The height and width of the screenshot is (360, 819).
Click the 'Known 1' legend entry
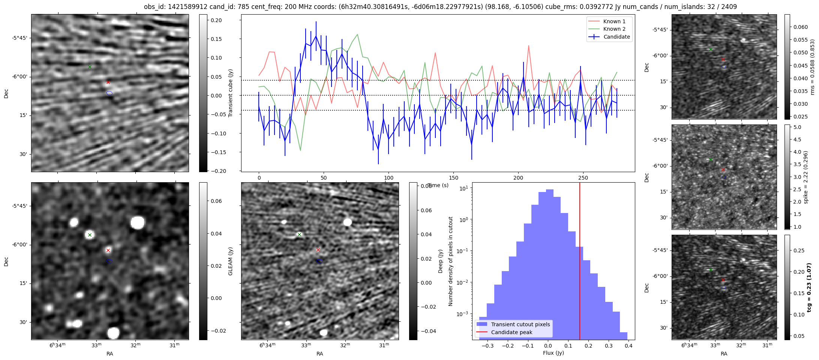pos(614,21)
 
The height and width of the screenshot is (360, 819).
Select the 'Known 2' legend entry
pos(614,29)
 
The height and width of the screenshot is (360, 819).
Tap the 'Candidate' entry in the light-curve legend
pos(616,37)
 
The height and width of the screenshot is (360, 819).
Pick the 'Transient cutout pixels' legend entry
pos(520,324)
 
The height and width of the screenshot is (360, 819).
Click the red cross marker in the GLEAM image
pos(108,250)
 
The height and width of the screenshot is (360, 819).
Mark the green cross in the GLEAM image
pos(90,235)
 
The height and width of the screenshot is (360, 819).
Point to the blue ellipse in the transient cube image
pos(109,93)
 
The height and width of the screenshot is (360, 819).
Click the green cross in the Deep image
pos(299,234)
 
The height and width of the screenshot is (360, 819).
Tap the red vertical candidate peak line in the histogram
pos(580,262)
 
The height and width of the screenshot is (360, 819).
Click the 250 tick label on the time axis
pos(583,178)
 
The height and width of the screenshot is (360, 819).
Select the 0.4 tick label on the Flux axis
pos(629,346)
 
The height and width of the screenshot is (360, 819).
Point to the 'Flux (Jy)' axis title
pos(553,353)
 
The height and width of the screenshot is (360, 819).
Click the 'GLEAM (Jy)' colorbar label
pos(230,261)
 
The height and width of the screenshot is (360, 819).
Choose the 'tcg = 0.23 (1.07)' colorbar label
pos(809,288)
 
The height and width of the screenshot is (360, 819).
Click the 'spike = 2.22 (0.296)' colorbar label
pos(805,177)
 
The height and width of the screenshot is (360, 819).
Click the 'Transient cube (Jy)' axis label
pos(230,93)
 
